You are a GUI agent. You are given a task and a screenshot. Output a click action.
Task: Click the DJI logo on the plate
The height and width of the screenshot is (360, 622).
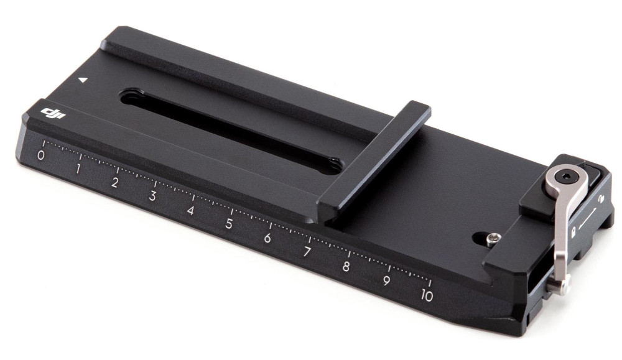pyautogui.click(x=52, y=114)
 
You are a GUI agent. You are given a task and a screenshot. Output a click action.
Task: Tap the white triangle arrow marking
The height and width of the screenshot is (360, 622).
pyautogui.click(x=82, y=80)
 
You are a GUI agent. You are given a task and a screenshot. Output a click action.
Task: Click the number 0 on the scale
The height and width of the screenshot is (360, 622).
pyautogui.click(x=41, y=155)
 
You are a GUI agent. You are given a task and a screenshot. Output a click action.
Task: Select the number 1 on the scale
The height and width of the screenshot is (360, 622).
pyautogui.click(x=78, y=169)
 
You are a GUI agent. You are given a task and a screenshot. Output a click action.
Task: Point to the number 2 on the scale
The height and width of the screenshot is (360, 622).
pyautogui.click(x=115, y=183)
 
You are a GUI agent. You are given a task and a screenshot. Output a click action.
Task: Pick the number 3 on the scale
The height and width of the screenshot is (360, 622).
pyautogui.click(x=152, y=196)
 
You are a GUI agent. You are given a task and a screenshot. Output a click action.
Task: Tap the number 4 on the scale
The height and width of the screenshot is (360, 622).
pyautogui.click(x=191, y=210)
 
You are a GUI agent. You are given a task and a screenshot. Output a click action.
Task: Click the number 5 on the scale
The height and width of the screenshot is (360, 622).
pyautogui.click(x=229, y=224)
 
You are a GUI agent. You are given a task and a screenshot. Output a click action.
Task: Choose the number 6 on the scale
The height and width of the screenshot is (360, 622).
pyautogui.click(x=267, y=238)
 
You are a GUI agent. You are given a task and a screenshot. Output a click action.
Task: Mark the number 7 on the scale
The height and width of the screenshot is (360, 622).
pyautogui.click(x=307, y=252)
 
